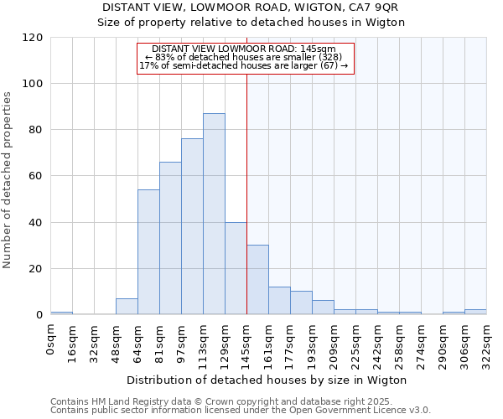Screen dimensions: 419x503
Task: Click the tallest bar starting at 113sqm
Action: click(214, 214)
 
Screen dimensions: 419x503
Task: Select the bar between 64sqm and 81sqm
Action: click(148, 251)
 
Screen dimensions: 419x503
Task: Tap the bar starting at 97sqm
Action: click(192, 226)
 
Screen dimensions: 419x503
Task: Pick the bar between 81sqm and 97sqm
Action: click(170, 238)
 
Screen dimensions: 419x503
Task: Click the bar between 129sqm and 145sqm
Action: click(236, 268)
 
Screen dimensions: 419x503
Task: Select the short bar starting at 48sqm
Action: click(127, 307)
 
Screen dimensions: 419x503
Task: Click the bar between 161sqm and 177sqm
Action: click(279, 301)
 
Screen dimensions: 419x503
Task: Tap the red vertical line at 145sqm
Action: click(246, 193)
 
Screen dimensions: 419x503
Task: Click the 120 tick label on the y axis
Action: click(33, 38)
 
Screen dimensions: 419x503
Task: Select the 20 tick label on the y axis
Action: click(36, 269)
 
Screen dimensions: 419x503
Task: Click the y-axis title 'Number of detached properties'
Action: click(8, 176)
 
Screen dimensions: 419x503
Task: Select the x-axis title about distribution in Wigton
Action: click(268, 380)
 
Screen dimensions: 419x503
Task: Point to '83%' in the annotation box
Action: click(164, 57)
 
